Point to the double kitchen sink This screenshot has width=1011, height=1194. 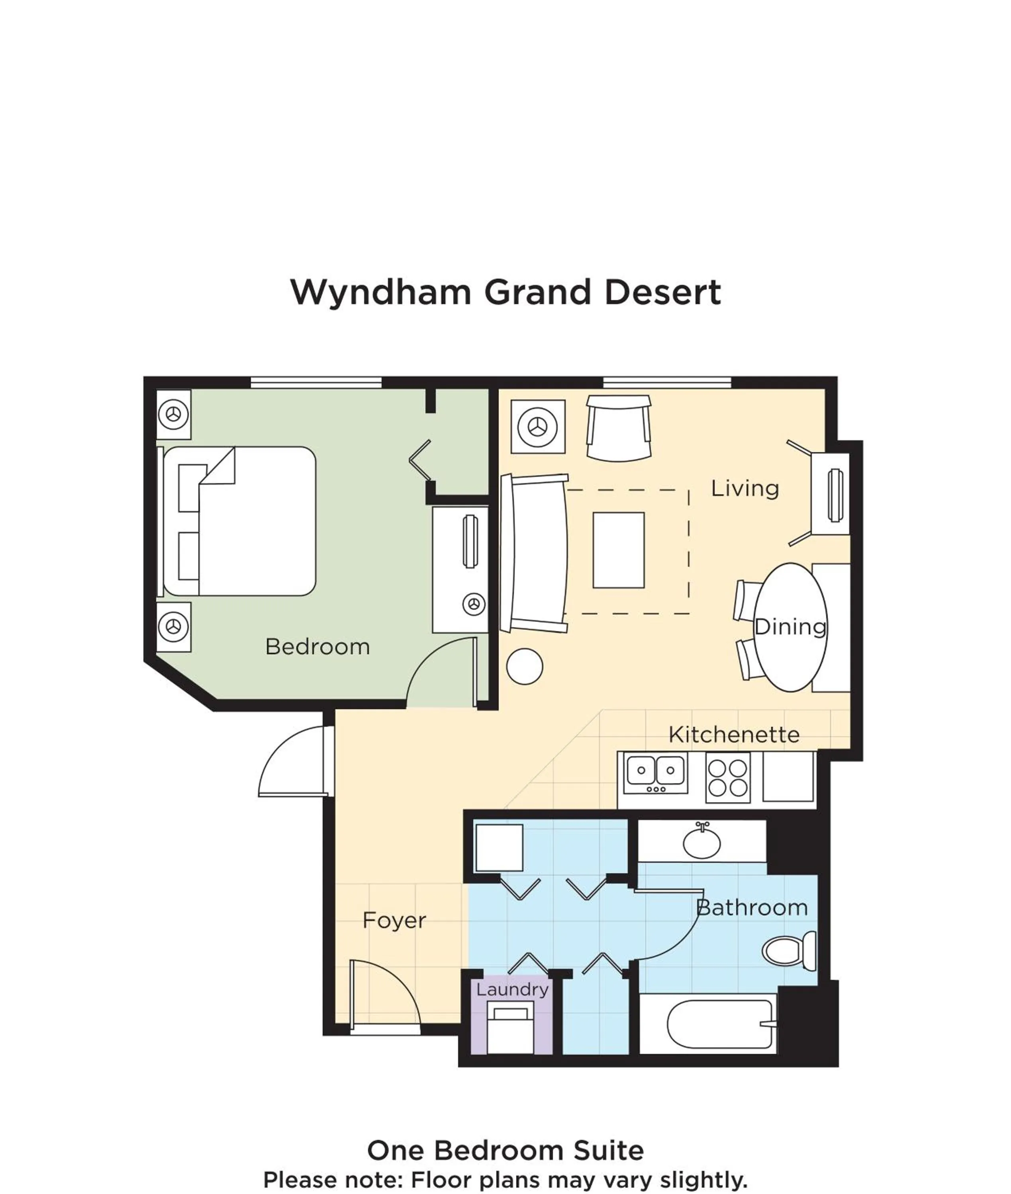click(655, 773)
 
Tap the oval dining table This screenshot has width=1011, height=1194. click(790, 628)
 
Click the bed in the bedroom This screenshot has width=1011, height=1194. click(241, 521)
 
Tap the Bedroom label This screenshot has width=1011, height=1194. click(317, 647)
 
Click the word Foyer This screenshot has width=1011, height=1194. click(394, 921)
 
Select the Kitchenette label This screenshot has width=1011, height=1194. click(734, 735)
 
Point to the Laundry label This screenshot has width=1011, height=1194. click(512, 989)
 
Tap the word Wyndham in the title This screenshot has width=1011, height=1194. click(380, 292)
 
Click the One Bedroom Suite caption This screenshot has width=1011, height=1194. click(505, 1150)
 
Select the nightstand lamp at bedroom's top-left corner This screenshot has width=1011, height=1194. click(173, 414)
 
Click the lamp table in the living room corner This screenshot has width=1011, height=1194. click(538, 427)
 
